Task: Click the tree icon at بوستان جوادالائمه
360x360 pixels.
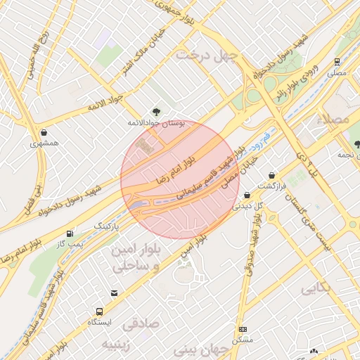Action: (156, 111)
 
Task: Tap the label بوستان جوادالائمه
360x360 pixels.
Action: (155, 123)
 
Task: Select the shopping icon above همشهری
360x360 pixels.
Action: (44, 132)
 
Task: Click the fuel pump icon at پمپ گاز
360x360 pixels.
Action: (69, 233)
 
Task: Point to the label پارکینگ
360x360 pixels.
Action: (108, 226)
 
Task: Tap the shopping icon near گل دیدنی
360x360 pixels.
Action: (247, 195)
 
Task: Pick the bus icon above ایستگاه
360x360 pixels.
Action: (99, 311)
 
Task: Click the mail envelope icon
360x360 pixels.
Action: (114, 292)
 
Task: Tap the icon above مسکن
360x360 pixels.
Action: (243, 329)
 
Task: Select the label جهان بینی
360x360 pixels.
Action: (210, 349)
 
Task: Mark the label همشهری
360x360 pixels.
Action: (45, 143)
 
